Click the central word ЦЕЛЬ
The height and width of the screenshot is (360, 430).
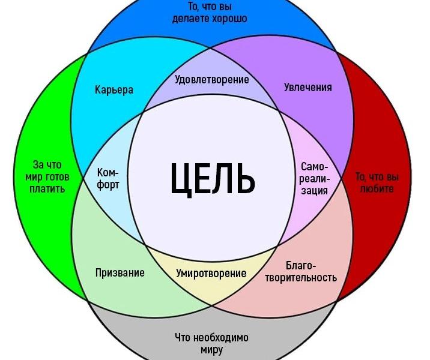click(x=213, y=178)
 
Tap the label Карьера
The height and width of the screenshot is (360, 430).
click(x=114, y=90)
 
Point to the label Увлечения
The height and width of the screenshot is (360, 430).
click(x=307, y=87)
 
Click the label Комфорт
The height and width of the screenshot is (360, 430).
click(x=108, y=178)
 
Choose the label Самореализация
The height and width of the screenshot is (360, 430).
click(x=315, y=178)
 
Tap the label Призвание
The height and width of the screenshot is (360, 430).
click(x=120, y=272)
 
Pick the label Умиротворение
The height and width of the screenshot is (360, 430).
click(x=211, y=273)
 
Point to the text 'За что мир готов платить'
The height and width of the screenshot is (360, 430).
click(x=47, y=176)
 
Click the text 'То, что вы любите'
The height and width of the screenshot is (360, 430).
click(x=377, y=182)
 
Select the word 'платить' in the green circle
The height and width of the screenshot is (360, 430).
click(x=47, y=189)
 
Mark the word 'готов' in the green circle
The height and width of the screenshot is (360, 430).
click(x=58, y=177)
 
